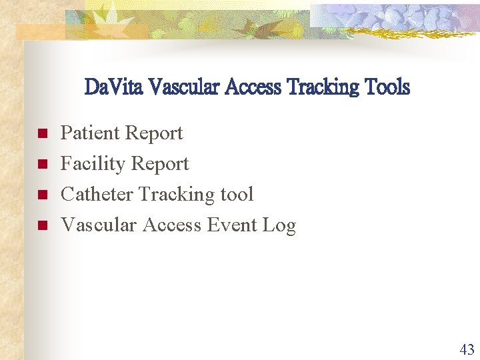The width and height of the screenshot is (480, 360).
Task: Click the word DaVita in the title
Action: (x=114, y=87)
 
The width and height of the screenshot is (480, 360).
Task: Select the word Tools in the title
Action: (x=387, y=87)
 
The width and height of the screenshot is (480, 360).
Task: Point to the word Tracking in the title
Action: (x=323, y=87)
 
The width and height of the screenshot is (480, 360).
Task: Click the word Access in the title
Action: (x=254, y=87)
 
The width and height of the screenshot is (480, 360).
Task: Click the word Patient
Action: (x=89, y=133)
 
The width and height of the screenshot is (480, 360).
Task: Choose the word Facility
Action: (x=92, y=165)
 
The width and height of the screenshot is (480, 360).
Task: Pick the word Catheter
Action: (x=97, y=195)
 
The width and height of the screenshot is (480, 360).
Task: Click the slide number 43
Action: (x=467, y=349)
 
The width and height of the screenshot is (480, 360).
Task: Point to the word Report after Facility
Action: (x=159, y=165)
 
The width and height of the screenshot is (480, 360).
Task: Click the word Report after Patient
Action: (x=153, y=134)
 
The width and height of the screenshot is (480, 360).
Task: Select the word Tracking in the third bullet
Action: (x=179, y=195)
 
